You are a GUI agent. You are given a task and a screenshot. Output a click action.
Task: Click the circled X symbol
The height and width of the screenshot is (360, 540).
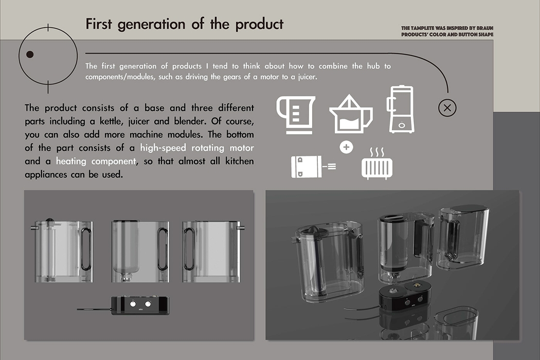coord(447,107)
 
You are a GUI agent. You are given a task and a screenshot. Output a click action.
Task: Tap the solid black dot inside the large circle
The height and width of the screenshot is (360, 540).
coord(30,55)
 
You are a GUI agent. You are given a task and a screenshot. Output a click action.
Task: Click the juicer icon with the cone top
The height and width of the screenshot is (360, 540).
coord(350,114)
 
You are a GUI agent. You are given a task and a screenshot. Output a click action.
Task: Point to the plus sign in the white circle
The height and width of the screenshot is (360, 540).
coord(347,148)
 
